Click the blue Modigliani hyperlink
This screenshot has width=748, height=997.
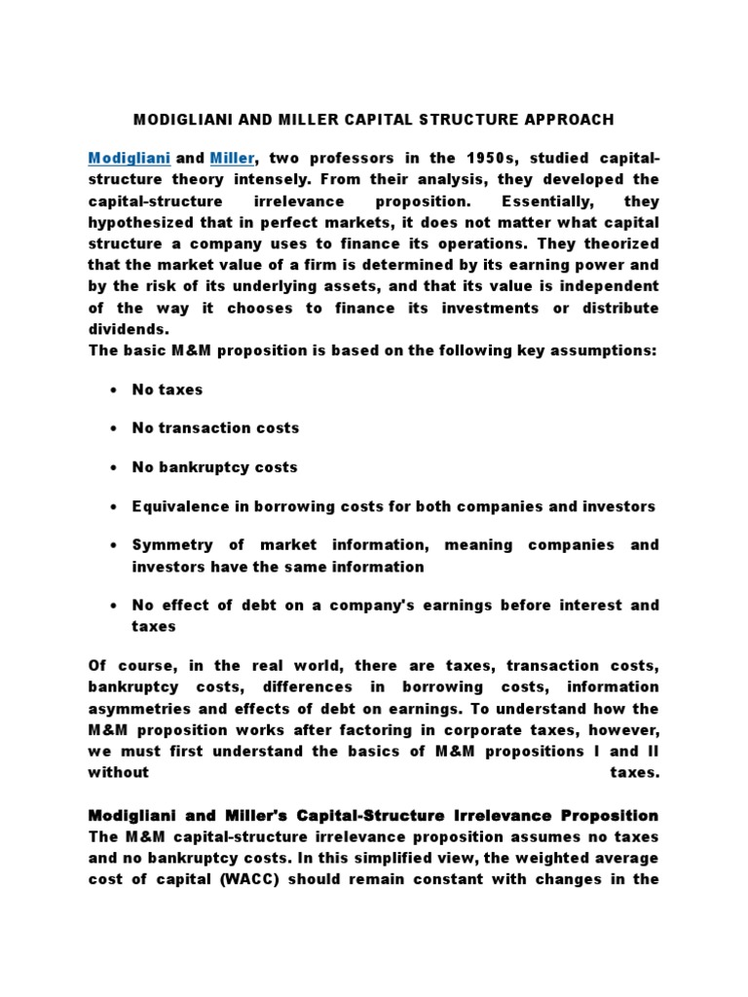pyautogui.click(x=129, y=158)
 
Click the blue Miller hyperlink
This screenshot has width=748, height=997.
pyautogui.click(x=232, y=158)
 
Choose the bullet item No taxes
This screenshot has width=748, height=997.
pyautogui.click(x=168, y=389)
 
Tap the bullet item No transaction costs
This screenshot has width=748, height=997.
pyautogui.click(x=215, y=427)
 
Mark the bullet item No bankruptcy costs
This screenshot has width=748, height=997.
pyautogui.click(x=214, y=467)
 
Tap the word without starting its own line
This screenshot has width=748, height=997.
pyautogui.click(x=119, y=773)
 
